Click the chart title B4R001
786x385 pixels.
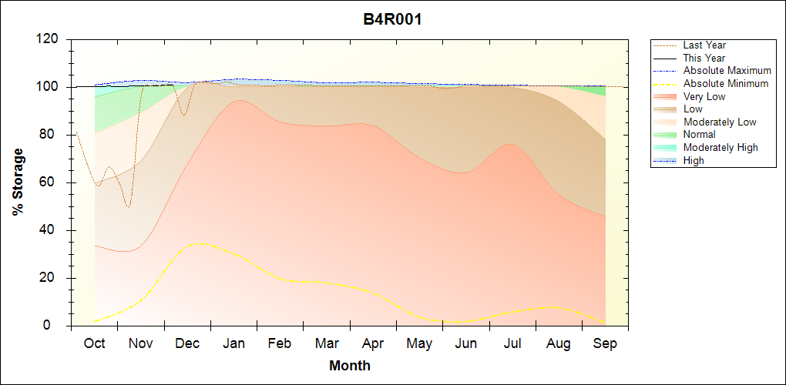click(x=392, y=19)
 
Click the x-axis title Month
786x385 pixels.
click(x=350, y=366)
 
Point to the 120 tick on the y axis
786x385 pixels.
click(x=52, y=39)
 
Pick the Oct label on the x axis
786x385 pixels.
click(x=94, y=343)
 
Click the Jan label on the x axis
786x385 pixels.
click(x=233, y=343)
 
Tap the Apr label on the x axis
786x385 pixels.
click(x=373, y=343)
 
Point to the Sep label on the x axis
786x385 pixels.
click(x=605, y=343)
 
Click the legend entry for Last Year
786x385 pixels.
click(x=704, y=45)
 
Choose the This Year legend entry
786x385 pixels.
click(x=704, y=58)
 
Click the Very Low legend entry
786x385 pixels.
click(x=704, y=96)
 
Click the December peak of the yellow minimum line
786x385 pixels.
click(x=200, y=243)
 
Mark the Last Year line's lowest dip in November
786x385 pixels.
click(x=128, y=207)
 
